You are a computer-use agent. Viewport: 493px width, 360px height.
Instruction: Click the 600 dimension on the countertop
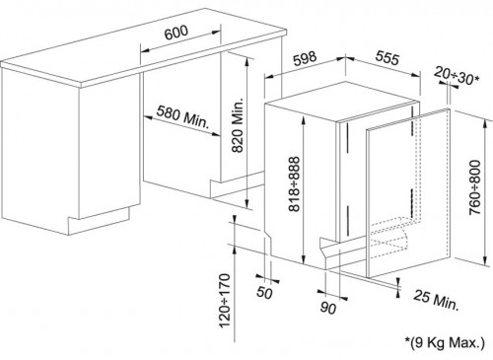176,33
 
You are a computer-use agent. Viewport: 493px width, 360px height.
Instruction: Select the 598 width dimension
305,58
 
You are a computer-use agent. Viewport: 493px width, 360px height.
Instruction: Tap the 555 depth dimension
387,58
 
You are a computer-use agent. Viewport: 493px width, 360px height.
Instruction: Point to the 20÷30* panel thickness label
457,75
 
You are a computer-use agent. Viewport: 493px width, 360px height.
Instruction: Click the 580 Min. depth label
182,116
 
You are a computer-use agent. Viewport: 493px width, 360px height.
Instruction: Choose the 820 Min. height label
238,125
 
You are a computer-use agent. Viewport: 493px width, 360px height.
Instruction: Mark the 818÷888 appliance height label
294,183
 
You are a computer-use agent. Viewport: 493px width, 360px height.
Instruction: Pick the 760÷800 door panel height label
475,187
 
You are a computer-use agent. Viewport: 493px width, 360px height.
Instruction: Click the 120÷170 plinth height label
225,301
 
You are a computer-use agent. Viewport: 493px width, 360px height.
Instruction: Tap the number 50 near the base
264,292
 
